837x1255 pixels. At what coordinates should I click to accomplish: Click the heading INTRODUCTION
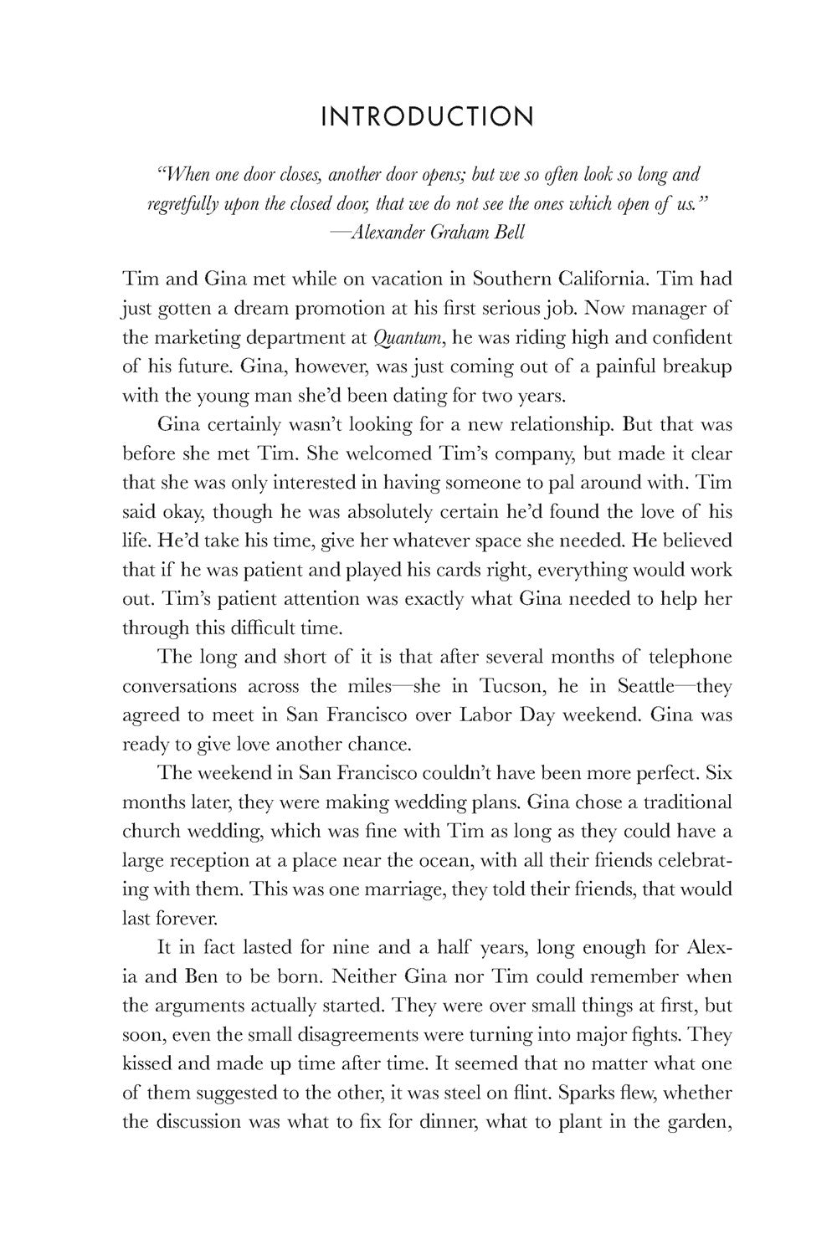click(x=427, y=116)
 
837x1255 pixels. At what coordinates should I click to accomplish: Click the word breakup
click(x=694, y=368)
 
